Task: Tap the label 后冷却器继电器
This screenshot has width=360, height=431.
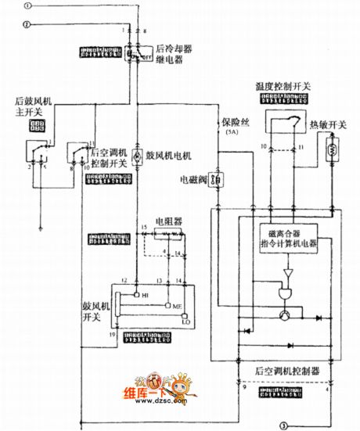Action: point(175,53)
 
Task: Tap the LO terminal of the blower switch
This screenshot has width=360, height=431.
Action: point(186,321)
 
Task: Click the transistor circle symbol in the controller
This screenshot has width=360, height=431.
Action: point(283,314)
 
